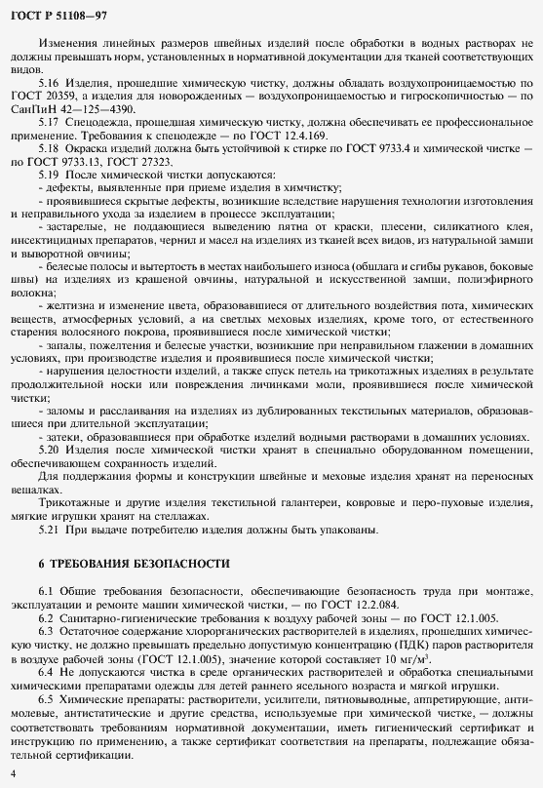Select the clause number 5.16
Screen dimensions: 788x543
pos(50,85)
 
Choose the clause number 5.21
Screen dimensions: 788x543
pos(50,529)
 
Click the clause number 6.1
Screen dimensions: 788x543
pos(46,592)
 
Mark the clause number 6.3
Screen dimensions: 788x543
pos(46,630)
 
